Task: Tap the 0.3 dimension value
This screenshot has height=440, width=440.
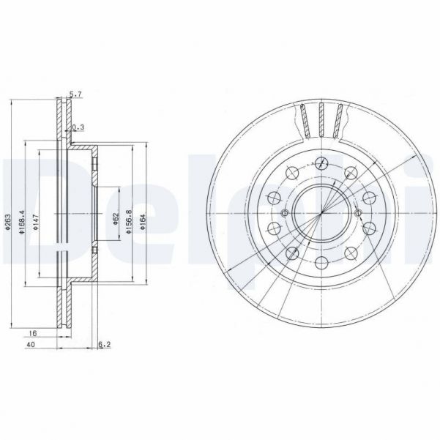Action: pos(80,127)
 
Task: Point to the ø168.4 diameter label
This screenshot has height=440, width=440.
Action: pos(23,218)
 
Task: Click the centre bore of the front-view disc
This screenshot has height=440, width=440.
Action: pos(323,213)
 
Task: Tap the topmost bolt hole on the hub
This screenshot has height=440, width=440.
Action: pos(323,162)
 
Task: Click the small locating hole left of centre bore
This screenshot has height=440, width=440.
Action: pos(284,213)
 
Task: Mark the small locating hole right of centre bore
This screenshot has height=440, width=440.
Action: pos(362,213)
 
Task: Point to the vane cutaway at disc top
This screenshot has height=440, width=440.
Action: pos(322,119)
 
